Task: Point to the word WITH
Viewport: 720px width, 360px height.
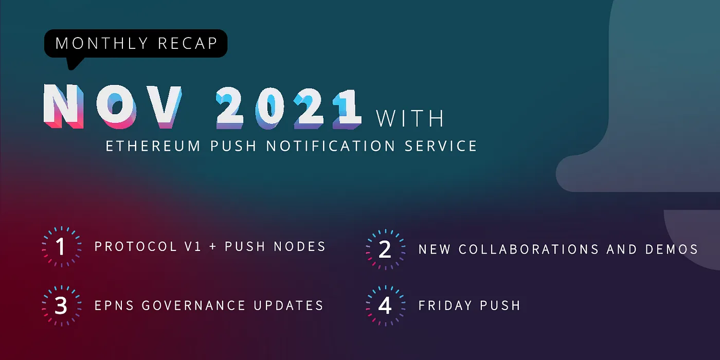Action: pos(410,119)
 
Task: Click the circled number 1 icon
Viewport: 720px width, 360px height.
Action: pos(61,247)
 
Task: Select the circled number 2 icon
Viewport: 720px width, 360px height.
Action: pos(385,250)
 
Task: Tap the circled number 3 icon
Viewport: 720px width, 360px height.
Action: pos(61,305)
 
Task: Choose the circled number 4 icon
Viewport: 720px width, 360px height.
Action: pos(385,305)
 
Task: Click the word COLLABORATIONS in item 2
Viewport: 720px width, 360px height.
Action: pos(529,250)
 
